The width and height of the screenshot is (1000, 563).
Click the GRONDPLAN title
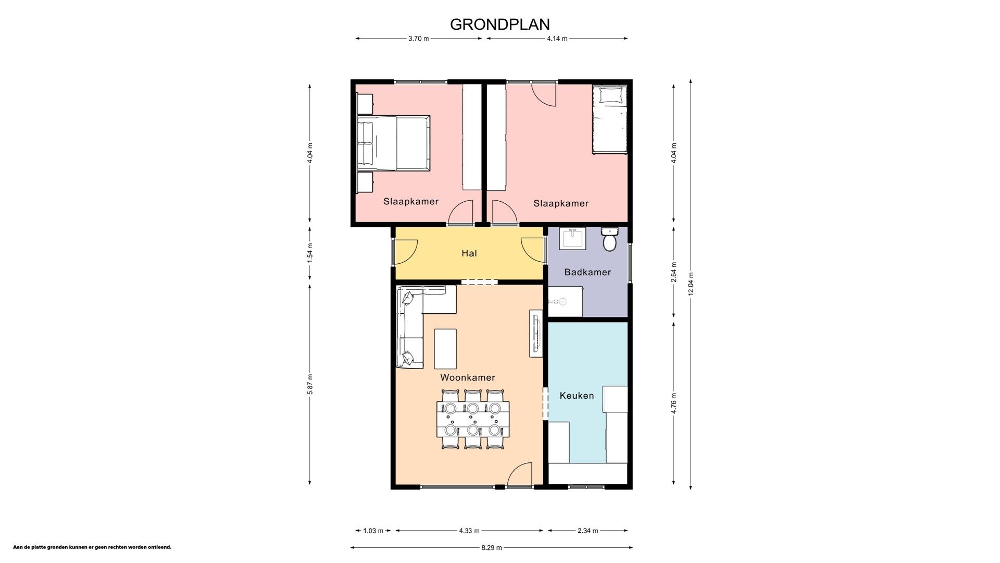pos(499,25)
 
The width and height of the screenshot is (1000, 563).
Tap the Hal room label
pos(469,253)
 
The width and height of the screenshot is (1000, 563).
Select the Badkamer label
pos(587,272)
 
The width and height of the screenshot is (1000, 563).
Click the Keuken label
pos(577,396)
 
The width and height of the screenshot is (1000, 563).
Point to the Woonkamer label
pos(467,377)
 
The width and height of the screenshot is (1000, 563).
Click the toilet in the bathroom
pos(609,240)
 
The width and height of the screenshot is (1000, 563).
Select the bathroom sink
pos(572,239)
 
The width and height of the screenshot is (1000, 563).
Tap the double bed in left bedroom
pos(394,143)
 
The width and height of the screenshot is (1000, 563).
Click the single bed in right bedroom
pos(609,120)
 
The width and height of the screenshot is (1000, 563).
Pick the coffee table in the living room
pos(445,348)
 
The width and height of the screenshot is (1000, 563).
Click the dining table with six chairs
pos(472,419)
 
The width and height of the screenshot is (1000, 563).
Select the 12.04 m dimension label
pos(691,284)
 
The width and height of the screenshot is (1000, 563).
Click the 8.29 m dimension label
pos(491,548)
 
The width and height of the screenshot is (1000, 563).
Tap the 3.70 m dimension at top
pos(418,39)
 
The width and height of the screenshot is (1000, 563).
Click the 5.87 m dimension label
pos(310,384)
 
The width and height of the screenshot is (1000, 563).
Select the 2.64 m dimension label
pos(674,272)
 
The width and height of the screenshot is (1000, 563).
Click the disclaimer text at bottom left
pos(92,547)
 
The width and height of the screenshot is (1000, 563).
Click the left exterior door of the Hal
pos(405,251)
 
